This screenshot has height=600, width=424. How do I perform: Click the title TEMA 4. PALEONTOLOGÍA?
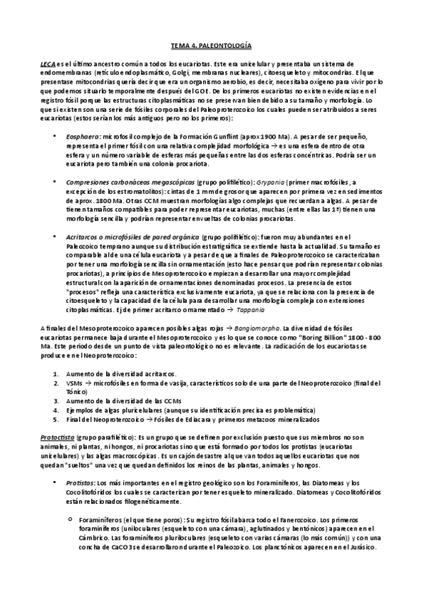coord(211,44)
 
